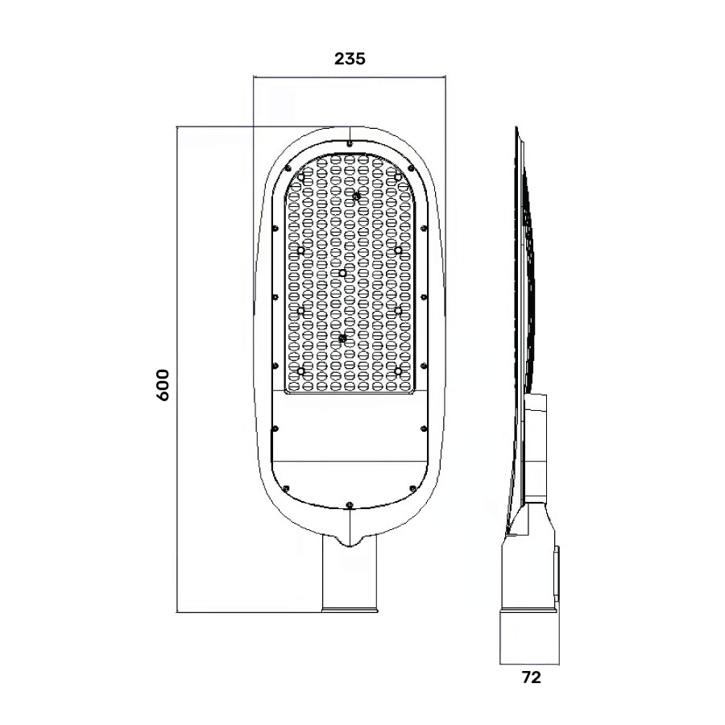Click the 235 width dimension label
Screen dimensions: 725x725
click(350, 58)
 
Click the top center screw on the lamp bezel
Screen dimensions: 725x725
click(350, 143)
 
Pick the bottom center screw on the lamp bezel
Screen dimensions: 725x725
click(349, 505)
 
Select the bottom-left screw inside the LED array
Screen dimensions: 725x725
click(302, 371)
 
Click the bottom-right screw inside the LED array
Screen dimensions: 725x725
click(398, 371)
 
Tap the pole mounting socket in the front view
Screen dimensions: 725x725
click(349, 576)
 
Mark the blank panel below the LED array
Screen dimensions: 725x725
click(349, 427)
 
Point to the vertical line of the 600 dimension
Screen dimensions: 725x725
click(176, 371)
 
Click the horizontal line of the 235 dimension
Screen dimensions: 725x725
click(350, 78)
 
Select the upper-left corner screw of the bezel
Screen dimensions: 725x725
click(288, 168)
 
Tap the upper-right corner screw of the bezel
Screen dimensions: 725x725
click(411, 168)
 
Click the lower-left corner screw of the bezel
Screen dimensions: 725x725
click(286, 487)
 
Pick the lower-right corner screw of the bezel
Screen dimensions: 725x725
click(412, 487)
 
